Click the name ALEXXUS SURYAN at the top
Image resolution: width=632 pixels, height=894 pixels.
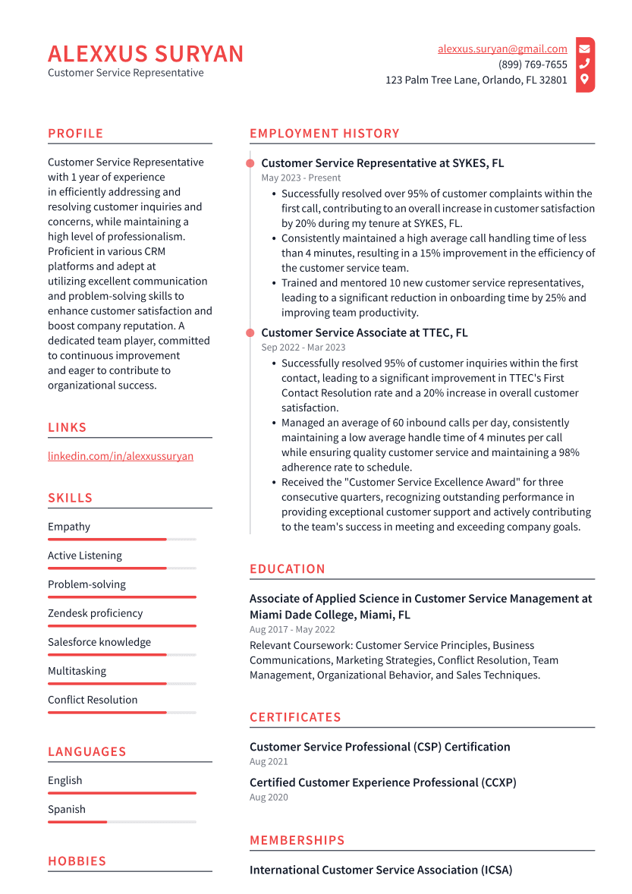146,54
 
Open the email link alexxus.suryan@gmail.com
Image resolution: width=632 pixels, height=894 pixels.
502,49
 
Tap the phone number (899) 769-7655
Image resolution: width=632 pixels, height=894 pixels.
533,65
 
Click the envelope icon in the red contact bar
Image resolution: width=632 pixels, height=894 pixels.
584,49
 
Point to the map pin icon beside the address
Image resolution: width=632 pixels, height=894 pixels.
584,79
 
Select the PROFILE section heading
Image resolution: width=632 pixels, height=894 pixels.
75,134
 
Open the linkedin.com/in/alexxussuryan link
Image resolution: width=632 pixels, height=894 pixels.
121,456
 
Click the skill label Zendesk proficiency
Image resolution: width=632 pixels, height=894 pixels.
95,613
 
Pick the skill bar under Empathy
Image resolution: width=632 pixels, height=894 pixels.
121,540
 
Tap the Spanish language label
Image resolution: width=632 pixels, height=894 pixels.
67,809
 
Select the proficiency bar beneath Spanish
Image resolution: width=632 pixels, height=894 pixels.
121,822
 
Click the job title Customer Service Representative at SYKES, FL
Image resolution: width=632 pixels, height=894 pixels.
382,163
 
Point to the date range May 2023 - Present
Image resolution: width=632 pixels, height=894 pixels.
301,178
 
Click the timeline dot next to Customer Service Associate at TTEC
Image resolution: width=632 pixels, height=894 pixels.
250,332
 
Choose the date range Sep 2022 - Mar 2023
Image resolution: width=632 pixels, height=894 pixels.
303,348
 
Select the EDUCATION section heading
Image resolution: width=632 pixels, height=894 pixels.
288,569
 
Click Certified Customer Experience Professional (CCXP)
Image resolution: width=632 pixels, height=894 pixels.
383,782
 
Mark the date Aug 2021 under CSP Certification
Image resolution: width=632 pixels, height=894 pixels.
269,761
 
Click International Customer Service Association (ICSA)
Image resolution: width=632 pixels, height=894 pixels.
381,870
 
